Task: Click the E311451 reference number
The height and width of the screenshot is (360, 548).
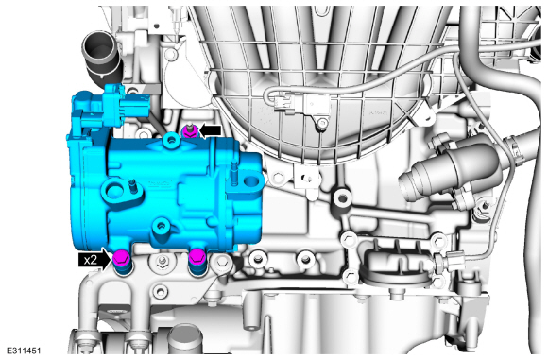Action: pos(24,351)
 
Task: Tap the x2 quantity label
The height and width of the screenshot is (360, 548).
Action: pos(91,260)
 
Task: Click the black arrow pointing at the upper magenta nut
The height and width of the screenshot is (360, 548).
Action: pos(210,130)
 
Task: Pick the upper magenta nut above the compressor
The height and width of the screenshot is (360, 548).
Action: pos(191,131)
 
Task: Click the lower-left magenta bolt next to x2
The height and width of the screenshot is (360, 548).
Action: pos(122,258)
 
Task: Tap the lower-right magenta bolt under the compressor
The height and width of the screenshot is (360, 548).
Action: pos(197,258)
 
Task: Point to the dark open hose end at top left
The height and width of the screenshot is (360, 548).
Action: pos(99,45)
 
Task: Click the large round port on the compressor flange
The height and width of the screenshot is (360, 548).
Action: pos(114,190)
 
